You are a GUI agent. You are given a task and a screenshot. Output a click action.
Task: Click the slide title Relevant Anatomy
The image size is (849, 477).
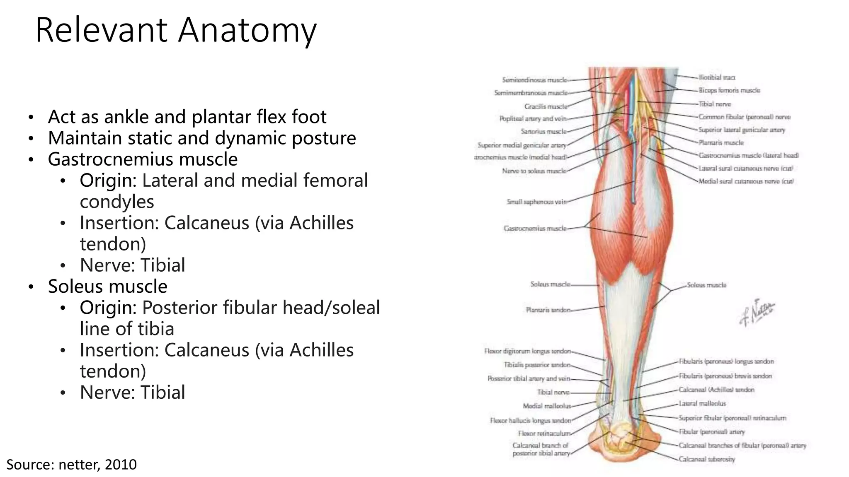[176, 30]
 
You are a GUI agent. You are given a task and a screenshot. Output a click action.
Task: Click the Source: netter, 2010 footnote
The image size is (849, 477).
[71, 464]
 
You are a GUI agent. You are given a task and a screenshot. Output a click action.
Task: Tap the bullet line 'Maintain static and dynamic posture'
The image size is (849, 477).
[202, 138]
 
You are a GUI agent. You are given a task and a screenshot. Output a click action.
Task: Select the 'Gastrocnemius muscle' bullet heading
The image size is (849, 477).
[143, 159]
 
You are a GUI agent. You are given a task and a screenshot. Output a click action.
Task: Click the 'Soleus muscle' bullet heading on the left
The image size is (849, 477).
[108, 287]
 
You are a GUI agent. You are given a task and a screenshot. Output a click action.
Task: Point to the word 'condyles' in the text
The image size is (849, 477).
[117, 202]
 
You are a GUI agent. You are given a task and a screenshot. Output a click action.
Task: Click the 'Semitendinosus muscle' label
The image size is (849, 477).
[534, 80]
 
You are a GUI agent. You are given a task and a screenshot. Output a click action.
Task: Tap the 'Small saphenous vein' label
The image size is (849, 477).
[536, 202]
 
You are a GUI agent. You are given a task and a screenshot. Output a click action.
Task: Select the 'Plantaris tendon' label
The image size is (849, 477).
[548, 310]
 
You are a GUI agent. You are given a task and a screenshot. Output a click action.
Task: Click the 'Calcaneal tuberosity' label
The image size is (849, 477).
[706, 459]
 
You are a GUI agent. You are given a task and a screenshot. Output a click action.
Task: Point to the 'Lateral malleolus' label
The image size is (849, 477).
[702, 403]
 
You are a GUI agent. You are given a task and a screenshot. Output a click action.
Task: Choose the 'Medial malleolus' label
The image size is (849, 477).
[546, 406]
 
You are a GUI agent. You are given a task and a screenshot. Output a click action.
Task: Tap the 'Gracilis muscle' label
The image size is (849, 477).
[546, 107]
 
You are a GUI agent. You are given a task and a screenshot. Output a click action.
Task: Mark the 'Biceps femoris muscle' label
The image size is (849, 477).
[729, 90]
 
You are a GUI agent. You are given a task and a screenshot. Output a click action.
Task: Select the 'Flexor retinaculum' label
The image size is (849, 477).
[544, 434]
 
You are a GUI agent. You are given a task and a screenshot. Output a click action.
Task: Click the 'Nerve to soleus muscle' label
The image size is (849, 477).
[534, 171]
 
